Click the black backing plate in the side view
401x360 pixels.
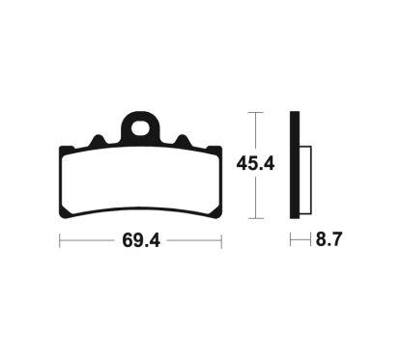point(293,166)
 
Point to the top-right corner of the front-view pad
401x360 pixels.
point(221,149)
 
